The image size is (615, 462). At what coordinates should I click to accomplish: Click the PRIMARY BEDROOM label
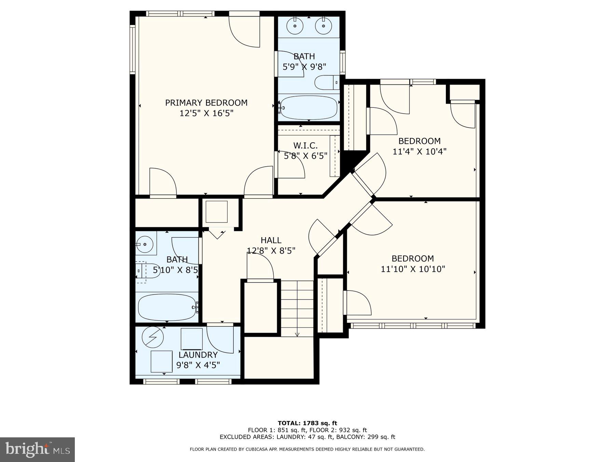[x=206, y=103]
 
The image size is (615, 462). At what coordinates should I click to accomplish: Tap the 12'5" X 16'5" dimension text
[x=206, y=113]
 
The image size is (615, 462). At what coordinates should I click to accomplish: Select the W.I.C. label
[x=305, y=145]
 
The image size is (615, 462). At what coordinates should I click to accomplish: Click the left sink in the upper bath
[x=295, y=26]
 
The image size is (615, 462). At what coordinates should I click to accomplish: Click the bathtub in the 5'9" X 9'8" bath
[x=309, y=108]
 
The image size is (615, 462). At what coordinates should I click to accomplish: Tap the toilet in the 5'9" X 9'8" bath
[x=326, y=82]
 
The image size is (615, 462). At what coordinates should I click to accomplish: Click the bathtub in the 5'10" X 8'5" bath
[x=166, y=307]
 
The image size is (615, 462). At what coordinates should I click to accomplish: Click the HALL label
[x=271, y=240]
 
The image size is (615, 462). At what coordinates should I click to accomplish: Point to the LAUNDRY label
[x=198, y=355]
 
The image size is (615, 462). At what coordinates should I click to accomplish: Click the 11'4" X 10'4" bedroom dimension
[x=419, y=152]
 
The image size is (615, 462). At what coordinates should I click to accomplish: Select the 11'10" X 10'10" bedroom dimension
[x=413, y=269]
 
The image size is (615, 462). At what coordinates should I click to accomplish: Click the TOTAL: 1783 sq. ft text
[x=307, y=423]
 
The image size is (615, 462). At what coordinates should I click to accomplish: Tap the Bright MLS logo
[x=37, y=449]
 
